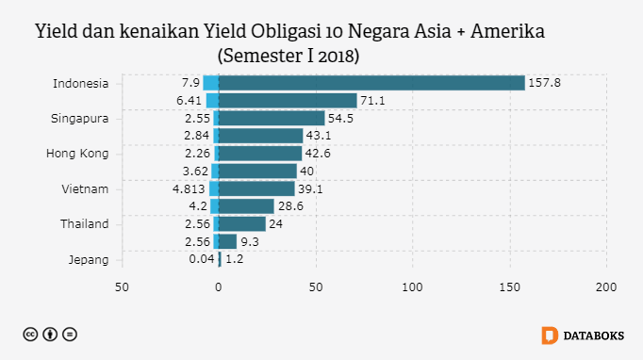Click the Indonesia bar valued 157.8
371,83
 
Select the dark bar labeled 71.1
288,100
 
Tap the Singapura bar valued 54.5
272,118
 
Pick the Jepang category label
90,259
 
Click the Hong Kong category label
78,153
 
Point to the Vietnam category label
85,188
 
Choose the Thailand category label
83,223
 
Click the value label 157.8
545,83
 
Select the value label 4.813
189,188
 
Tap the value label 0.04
201,259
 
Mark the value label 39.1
311,188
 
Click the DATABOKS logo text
593,335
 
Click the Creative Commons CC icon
31,335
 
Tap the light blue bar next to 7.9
210,83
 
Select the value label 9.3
250,241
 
